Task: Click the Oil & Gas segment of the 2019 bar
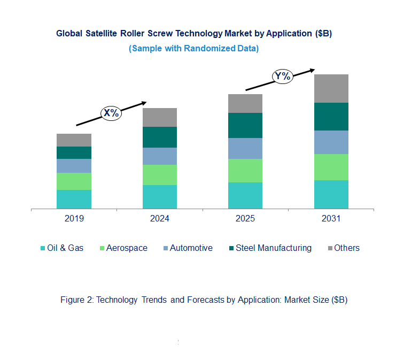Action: [74, 199]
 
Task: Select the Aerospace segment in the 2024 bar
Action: [159, 174]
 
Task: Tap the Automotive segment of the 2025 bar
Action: [245, 148]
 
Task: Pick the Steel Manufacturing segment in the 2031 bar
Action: [331, 116]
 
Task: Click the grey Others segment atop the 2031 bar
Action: [331, 88]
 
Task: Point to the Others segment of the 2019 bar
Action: [74, 140]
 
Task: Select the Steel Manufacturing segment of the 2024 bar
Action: [159, 137]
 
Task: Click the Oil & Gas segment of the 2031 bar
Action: [331, 194]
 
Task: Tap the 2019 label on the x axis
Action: [74, 219]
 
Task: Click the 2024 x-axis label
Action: [159, 219]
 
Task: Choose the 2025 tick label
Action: [245, 219]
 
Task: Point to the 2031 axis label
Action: [331, 219]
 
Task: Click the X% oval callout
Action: [111, 113]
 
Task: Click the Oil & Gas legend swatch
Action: [42, 248]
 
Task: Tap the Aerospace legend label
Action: [127, 248]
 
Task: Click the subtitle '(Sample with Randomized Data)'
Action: [194, 48]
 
